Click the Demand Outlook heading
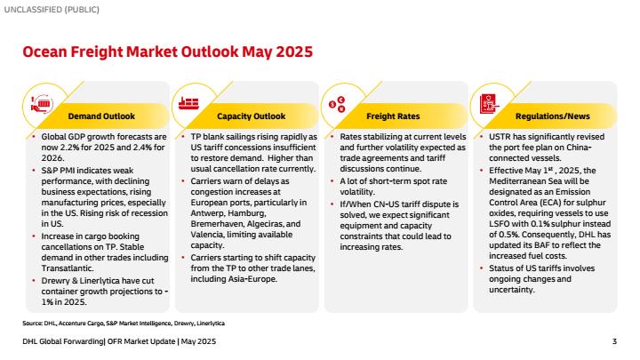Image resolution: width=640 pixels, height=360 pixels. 101,116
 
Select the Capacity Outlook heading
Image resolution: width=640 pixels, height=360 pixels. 251,116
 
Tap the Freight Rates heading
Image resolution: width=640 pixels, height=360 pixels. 393,116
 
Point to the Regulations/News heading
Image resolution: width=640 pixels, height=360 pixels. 552,116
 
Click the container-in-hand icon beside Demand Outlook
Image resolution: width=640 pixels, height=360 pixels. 42,104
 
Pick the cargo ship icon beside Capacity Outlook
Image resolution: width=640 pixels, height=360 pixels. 188,104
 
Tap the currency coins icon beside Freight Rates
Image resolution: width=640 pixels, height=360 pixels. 338,104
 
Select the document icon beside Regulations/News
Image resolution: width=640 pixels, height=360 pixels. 489,104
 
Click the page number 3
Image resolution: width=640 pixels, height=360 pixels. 614,341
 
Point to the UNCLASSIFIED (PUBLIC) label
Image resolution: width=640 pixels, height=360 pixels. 52,10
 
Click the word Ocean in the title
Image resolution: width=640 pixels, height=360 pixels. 44,52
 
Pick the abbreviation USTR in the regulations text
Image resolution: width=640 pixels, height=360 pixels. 500,137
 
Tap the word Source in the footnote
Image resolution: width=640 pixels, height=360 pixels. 32,324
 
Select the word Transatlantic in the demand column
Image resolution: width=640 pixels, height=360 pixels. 68,268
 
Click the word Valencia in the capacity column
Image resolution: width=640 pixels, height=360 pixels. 206,235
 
